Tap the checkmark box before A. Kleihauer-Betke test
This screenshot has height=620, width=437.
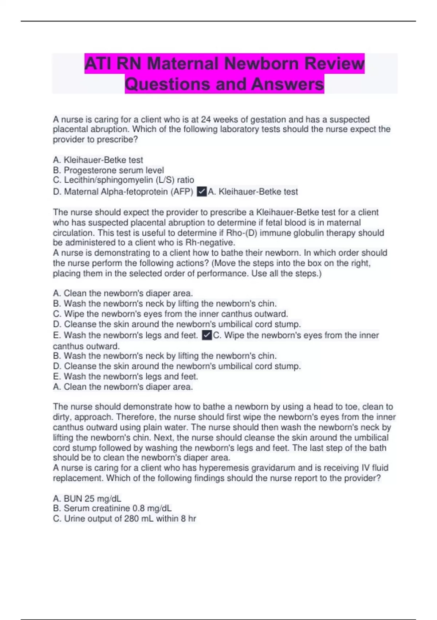(x=201, y=191)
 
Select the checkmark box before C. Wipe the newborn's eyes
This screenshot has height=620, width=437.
(x=206, y=335)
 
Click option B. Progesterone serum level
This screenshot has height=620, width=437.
(x=109, y=170)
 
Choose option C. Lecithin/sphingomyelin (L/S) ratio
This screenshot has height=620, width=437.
(x=123, y=180)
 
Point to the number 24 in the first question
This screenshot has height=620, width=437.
(x=206, y=119)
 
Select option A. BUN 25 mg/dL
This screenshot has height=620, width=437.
(x=87, y=498)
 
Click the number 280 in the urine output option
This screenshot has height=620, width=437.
(x=131, y=518)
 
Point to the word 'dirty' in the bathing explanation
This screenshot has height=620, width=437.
(x=62, y=417)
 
